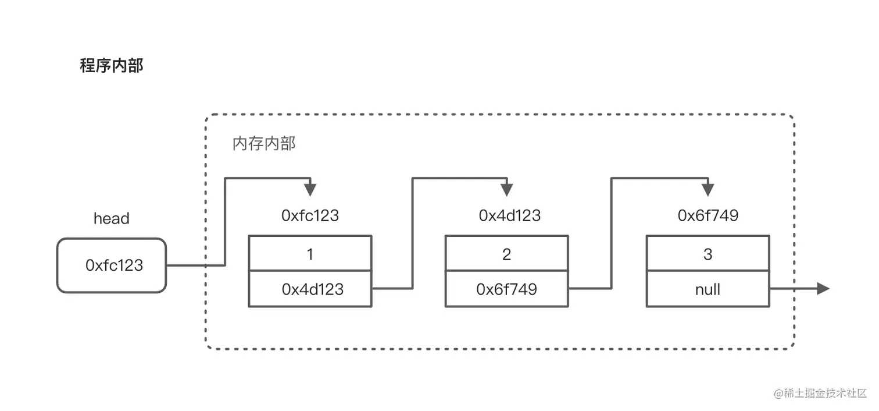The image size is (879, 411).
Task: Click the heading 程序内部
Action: [x=111, y=66]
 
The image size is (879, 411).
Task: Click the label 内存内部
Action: [x=264, y=144]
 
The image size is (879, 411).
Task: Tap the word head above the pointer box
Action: [x=111, y=219]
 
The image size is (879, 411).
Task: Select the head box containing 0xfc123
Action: [x=112, y=265]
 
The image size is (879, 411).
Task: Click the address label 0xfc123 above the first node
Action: [x=310, y=216]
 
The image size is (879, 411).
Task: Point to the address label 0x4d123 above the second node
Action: [x=509, y=216]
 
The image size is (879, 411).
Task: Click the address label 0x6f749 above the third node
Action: [x=708, y=216]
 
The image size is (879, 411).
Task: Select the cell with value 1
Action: [x=310, y=254]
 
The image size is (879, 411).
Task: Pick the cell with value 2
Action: [x=506, y=254]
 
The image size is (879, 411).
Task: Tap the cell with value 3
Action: [x=708, y=254]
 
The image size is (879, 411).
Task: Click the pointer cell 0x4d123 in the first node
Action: [x=310, y=289]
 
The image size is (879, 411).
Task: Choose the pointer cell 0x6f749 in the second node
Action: [x=506, y=289]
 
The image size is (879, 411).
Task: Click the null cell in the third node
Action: [x=708, y=289]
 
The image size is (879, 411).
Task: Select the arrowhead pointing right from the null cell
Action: [x=823, y=288]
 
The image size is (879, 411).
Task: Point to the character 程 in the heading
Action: [x=88, y=66]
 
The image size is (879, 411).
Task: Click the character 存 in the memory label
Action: [x=256, y=144]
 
